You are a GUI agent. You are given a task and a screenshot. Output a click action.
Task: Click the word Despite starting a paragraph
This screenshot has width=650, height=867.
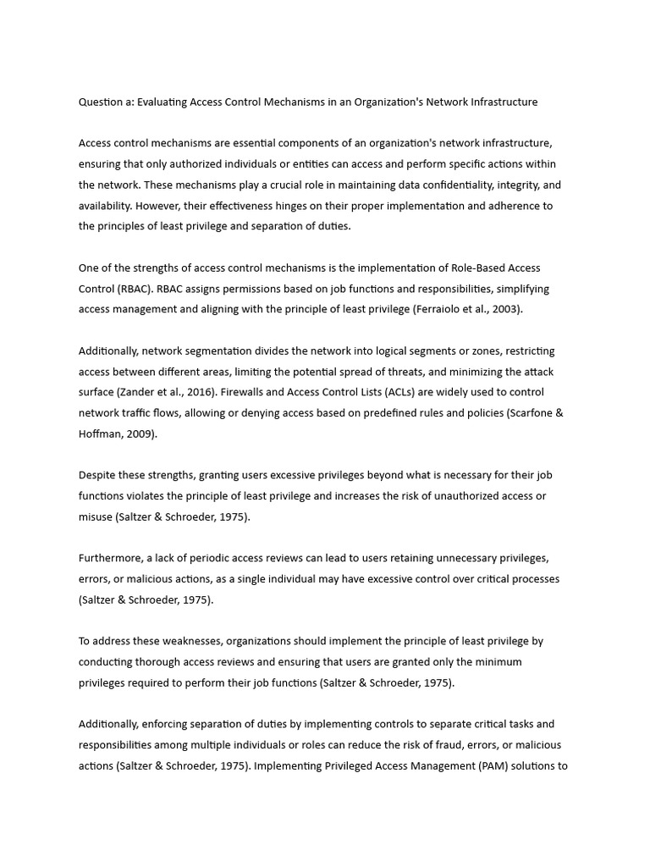pos(98,475)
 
